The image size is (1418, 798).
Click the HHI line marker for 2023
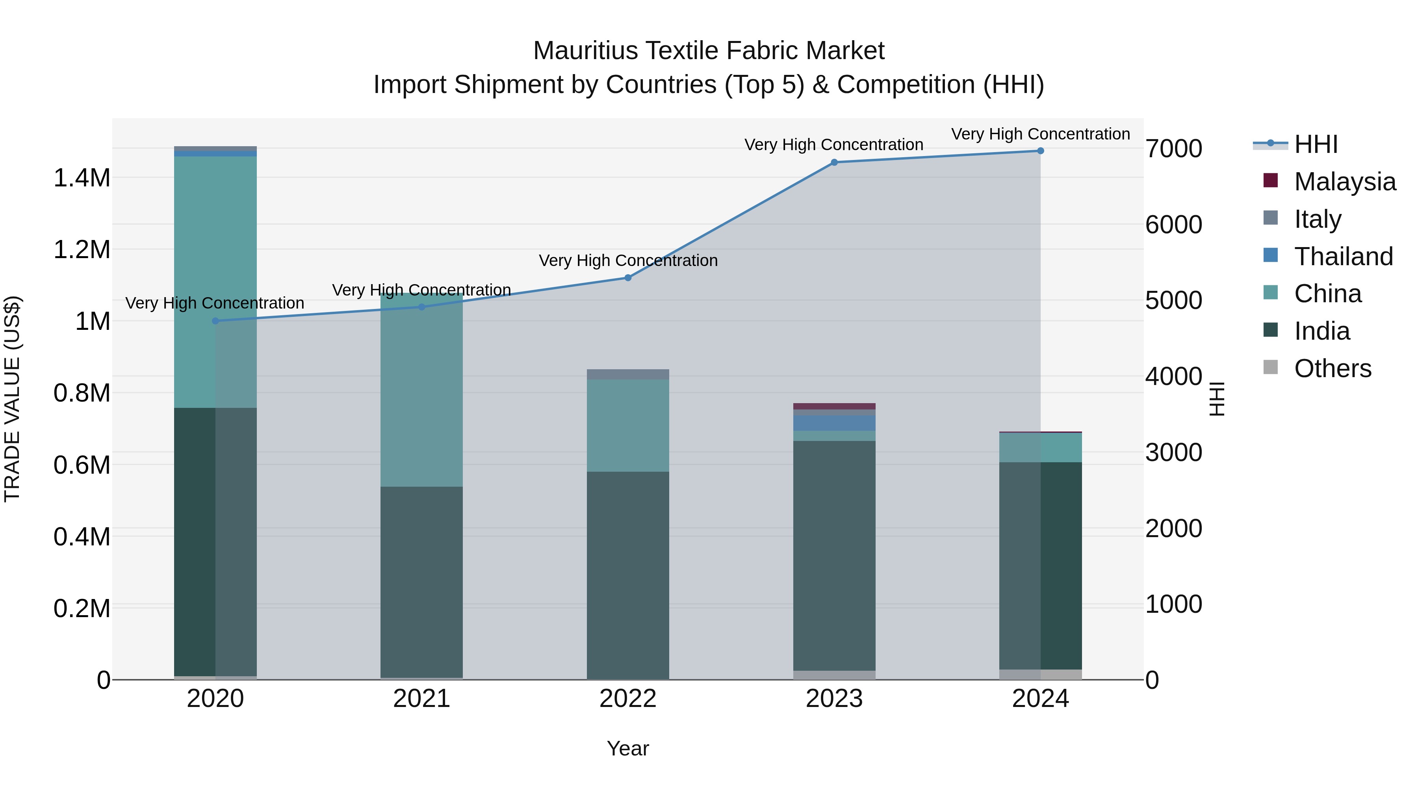834,162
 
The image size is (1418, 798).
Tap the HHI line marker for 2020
215,321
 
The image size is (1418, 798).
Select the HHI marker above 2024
1040,151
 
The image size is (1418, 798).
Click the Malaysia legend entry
1344,182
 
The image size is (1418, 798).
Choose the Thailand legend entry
1343,257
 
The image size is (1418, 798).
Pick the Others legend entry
1332,368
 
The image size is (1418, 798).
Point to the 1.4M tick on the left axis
82,178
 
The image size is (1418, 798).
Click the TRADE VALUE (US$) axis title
12,399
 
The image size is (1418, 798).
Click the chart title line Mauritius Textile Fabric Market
709,51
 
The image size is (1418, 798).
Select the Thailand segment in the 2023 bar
834,423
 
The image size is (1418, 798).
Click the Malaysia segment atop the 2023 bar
834,406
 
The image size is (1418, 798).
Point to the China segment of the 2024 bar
1040,448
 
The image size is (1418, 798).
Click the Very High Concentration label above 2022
628,260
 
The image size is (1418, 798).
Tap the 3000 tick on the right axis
1174,453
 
